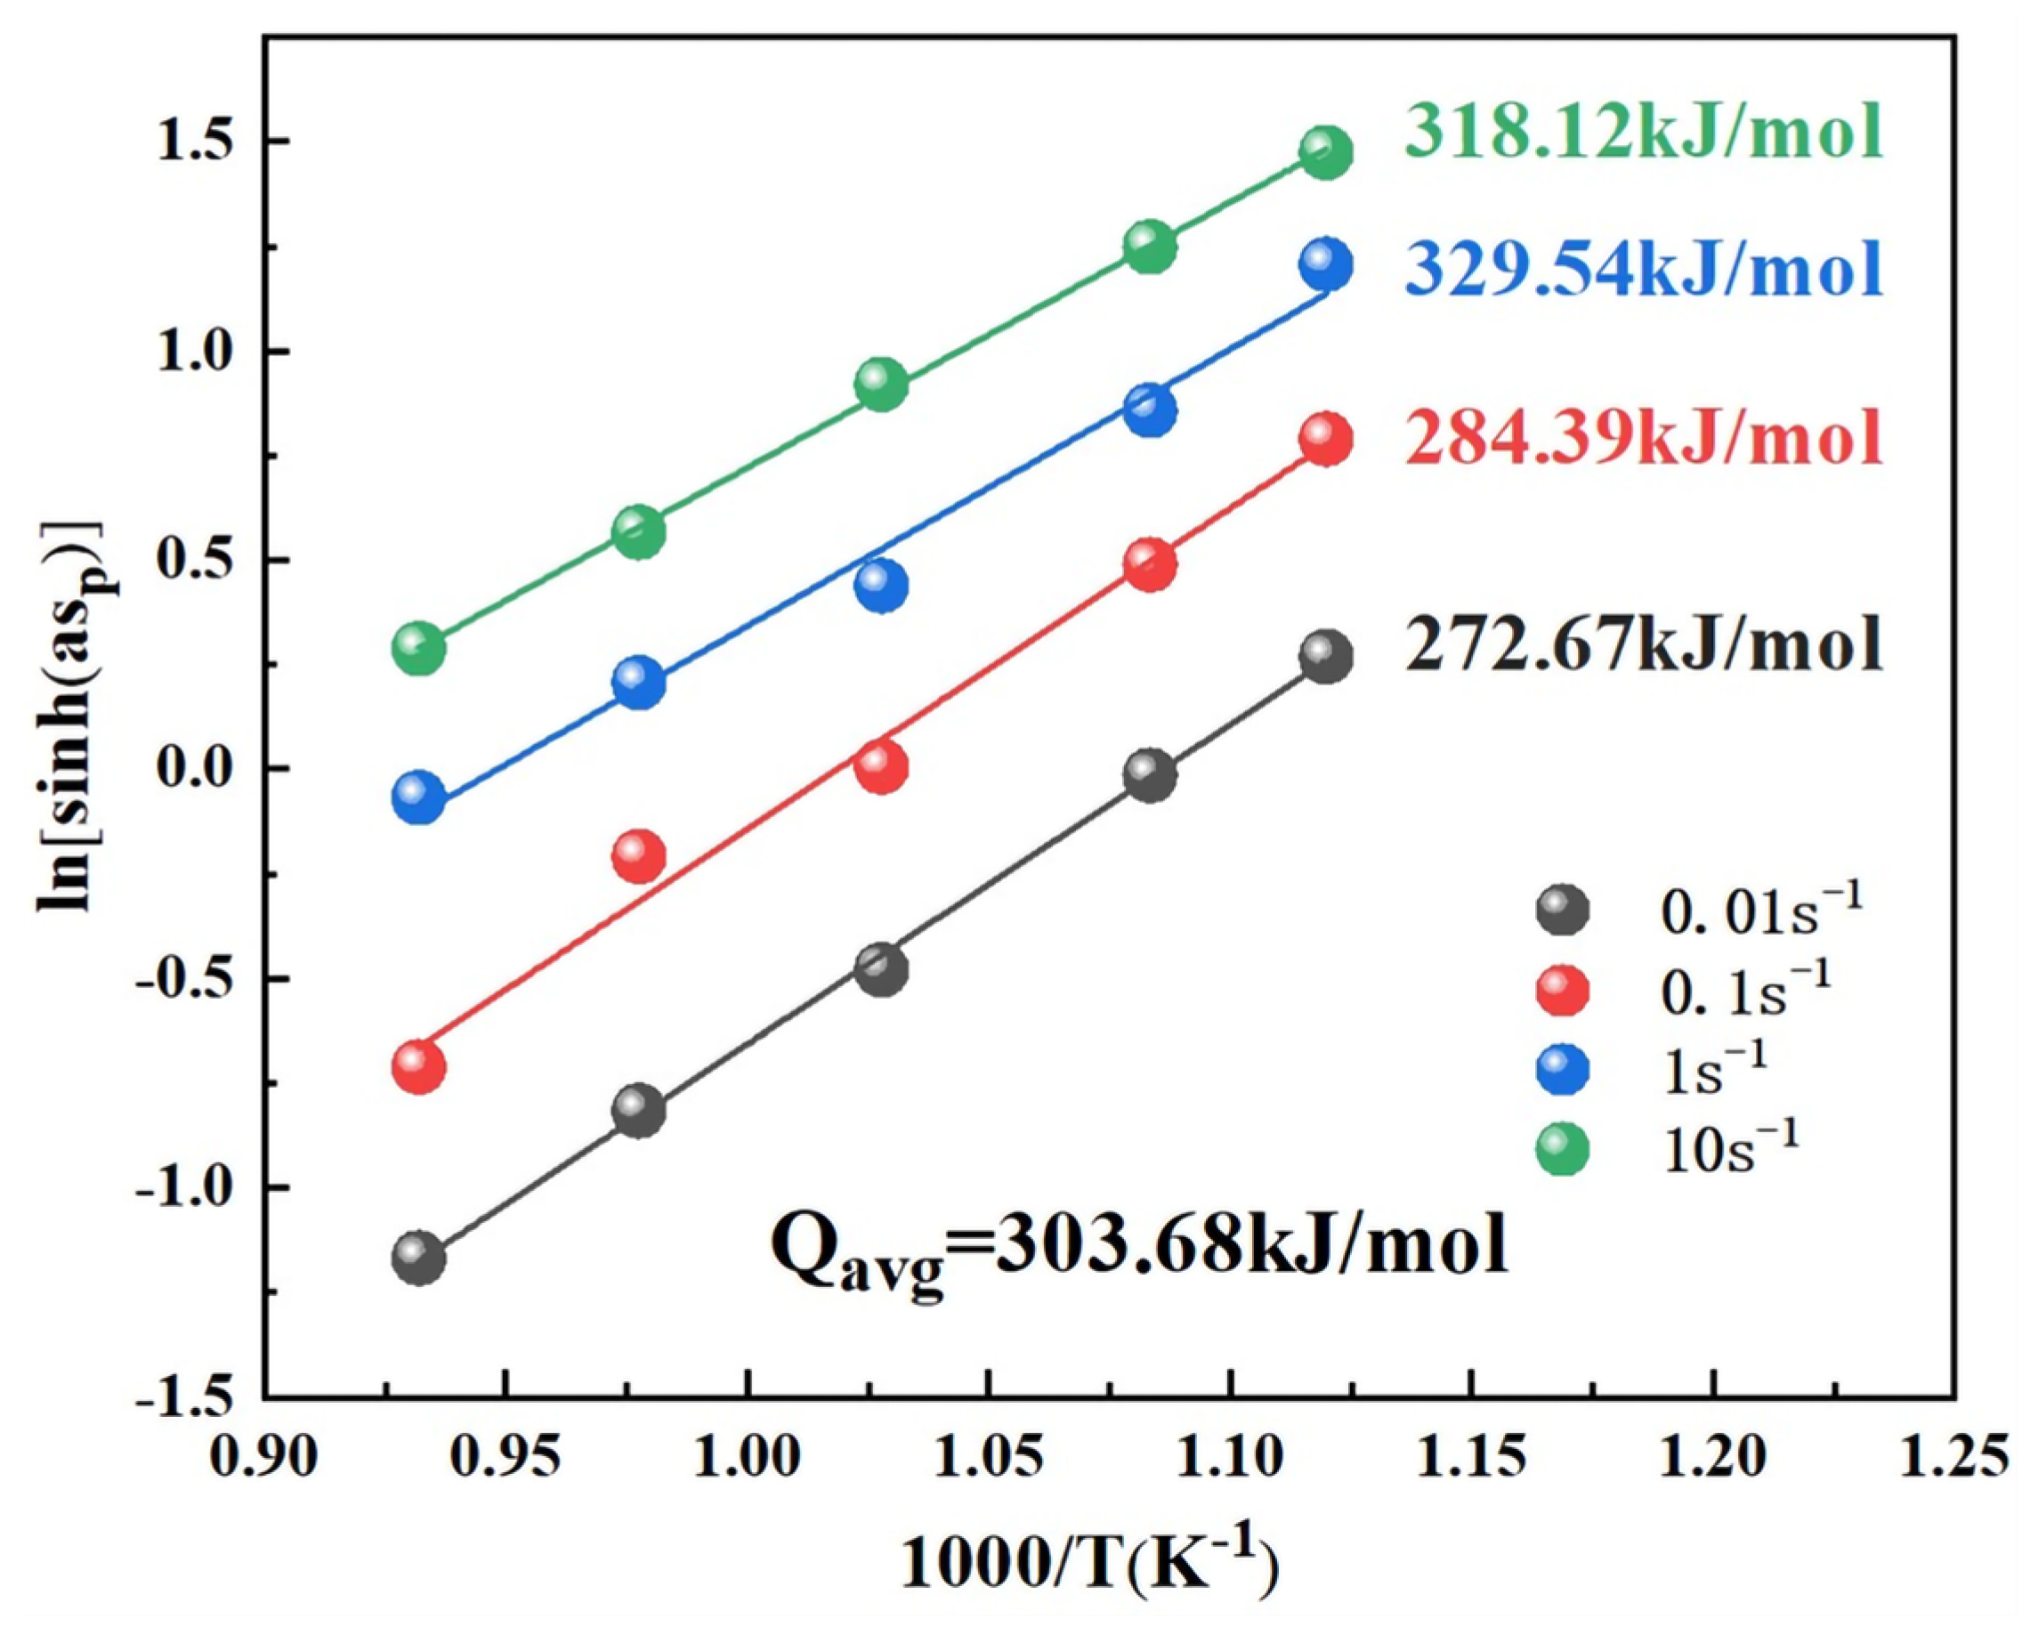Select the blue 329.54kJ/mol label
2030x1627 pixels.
(x=1643, y=271)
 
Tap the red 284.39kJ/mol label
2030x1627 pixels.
(x=1643, y=438)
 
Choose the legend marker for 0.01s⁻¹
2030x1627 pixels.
(x=1562, y=911)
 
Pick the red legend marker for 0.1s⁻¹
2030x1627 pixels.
(x=1562, y=992)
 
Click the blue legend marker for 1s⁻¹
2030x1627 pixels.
(x=1562, y=1071)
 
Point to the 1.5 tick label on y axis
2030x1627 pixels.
(x=201, y=143)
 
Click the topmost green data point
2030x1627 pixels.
(x=1326, y=152)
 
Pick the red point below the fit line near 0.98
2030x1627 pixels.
(x=639, y=856)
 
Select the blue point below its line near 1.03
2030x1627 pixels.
(x=881, y=586)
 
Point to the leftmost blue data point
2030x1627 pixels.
(x=419, y=797)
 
